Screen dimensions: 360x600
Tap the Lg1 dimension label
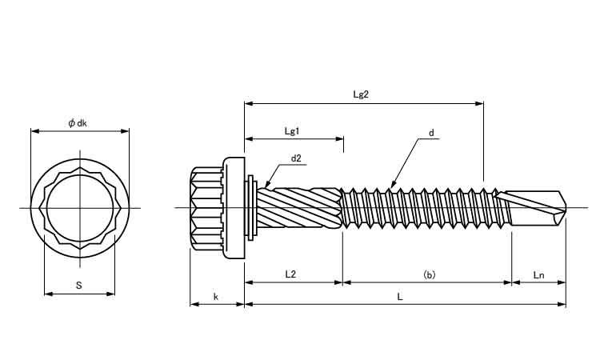[x=292, y=130]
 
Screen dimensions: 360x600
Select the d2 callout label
[x=296, y=158]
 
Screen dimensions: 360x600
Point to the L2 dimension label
[x=291, y=274]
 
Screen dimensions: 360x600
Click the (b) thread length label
[x=429, y=274]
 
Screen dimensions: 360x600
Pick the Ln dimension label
[x=538, y=274]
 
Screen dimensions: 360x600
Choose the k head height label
[x=216, y=297]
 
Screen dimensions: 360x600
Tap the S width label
[x=78, y=286]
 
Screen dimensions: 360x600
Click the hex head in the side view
[x=206, y=208]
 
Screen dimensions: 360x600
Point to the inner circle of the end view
[x=79, y=208]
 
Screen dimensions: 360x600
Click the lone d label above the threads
[x=430, y=133]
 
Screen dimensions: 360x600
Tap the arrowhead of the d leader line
[x=391, y=187]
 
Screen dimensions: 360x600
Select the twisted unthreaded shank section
[x=300, y=208]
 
